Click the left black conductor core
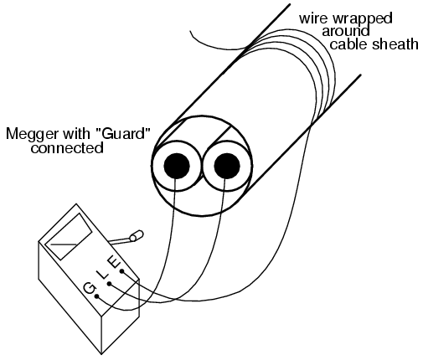[x=177, y=166]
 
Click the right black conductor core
[x=227, y=166]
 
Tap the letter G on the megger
[x=90, y=287]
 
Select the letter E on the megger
[x=115, y=262]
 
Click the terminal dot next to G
[x=97, y=296]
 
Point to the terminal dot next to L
[x=110, y=284]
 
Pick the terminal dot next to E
[x=122, y=271]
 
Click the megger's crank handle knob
[x=137, y=235]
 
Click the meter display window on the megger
[x=69, y=237]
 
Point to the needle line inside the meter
[x=64, y=244]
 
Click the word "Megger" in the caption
[x=33, y=134]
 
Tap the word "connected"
[x=67, y=148]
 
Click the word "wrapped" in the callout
[x=363, y=19]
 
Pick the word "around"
[x=346, y=31]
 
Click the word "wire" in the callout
[x=315, y=18]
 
